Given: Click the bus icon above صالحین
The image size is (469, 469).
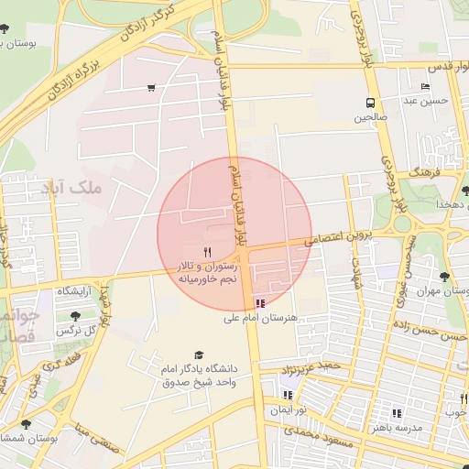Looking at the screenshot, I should (x=370, y=103).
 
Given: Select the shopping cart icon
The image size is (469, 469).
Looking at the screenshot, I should (x=150, y=88).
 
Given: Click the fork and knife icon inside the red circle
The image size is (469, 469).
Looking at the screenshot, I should (x=208, y=251).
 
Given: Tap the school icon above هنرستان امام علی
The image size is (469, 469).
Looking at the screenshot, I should (x=261, y=302).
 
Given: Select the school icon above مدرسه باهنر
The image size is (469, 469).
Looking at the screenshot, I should (x=397, y=412).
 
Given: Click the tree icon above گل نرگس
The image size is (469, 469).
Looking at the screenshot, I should (x=75, y=316).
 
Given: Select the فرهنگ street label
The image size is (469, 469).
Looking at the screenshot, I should (x=401, y=172).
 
